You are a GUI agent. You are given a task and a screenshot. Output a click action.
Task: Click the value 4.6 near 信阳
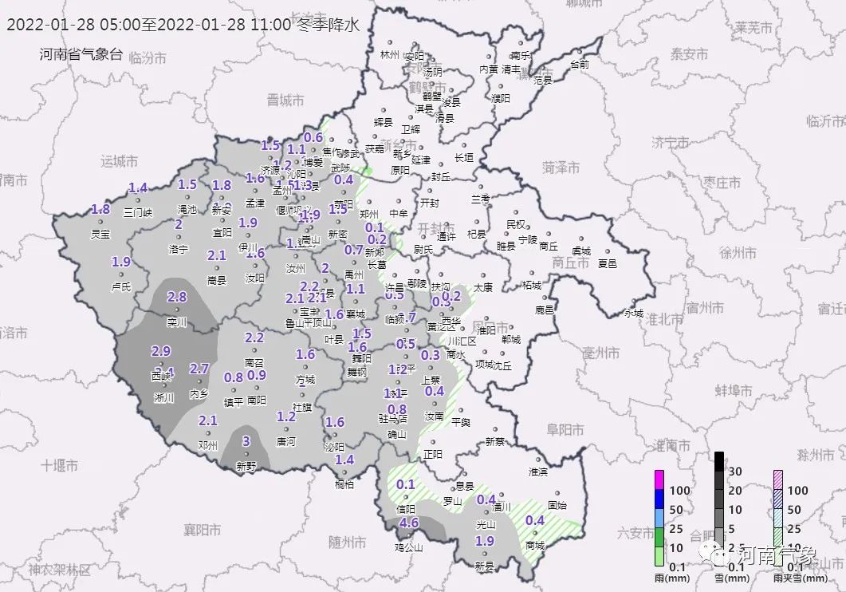409,523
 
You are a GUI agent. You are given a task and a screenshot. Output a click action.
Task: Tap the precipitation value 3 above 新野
246,441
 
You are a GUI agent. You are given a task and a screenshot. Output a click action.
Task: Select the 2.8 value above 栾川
176,297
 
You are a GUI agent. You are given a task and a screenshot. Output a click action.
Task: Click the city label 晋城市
286,101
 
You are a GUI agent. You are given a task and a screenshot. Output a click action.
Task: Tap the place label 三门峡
140,212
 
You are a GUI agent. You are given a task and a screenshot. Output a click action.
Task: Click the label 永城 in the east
633,314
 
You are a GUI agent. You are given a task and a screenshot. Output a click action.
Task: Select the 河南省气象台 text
81,54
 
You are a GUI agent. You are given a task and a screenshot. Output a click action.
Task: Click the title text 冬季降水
329,24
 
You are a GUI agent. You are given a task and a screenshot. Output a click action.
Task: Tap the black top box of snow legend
718,460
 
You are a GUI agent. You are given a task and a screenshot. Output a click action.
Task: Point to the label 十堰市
60,464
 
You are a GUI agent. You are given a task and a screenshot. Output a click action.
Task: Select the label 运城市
120,161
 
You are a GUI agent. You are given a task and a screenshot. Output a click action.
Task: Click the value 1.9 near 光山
485,541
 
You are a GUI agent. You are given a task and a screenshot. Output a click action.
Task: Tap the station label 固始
558,505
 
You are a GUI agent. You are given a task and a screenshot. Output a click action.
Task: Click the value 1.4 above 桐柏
344,460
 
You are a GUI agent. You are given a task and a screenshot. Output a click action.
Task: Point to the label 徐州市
738,253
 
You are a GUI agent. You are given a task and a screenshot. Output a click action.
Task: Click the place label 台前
580,65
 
